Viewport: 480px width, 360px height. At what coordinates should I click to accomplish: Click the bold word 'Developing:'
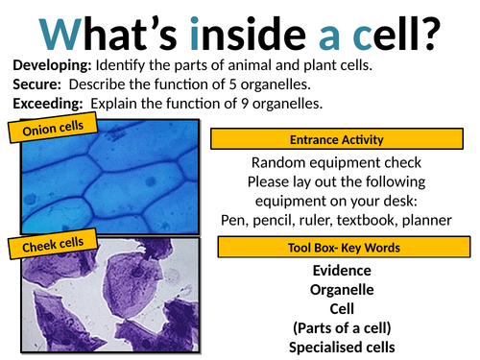52,63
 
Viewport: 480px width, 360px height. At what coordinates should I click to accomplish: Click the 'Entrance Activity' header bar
344,141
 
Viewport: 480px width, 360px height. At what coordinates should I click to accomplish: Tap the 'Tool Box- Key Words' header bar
344,248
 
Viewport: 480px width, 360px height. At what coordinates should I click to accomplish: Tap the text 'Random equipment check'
344,163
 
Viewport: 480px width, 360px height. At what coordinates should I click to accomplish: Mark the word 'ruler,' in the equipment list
321,221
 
